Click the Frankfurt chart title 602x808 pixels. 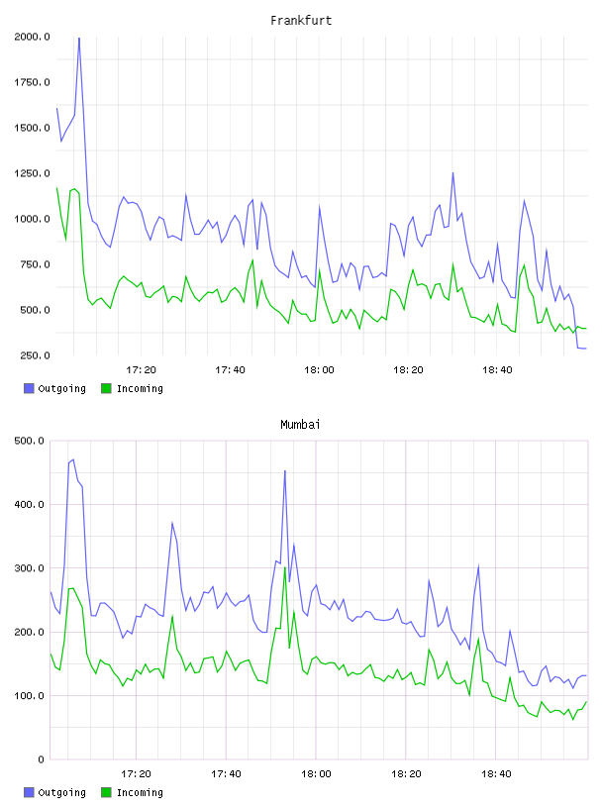(301, 21)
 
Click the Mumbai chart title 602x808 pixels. (300, 425)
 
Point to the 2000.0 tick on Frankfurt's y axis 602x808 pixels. (32, 37)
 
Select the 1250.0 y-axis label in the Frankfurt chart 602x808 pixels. (32, 173)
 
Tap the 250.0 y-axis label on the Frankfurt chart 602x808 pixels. (35, 355)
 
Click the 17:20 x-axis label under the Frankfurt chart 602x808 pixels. (142, 370)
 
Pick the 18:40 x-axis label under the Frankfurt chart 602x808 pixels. (497, 370)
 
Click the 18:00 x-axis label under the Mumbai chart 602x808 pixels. (316, 774)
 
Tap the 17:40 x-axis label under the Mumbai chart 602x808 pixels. (226, 774)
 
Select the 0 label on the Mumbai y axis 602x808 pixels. (42, 759)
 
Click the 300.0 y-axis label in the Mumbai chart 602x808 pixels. (30, 568)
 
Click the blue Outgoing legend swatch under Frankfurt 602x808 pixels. (29, 388)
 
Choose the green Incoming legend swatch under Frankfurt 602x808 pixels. (106, 388)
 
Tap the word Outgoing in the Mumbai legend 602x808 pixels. (61, 792)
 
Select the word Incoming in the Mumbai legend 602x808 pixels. (140, 792)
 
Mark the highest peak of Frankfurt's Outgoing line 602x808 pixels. (79, 39)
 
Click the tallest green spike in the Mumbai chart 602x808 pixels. (285, 567)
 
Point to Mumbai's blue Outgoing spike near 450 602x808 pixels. (285, 471)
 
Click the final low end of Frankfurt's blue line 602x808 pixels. (586, 349)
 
